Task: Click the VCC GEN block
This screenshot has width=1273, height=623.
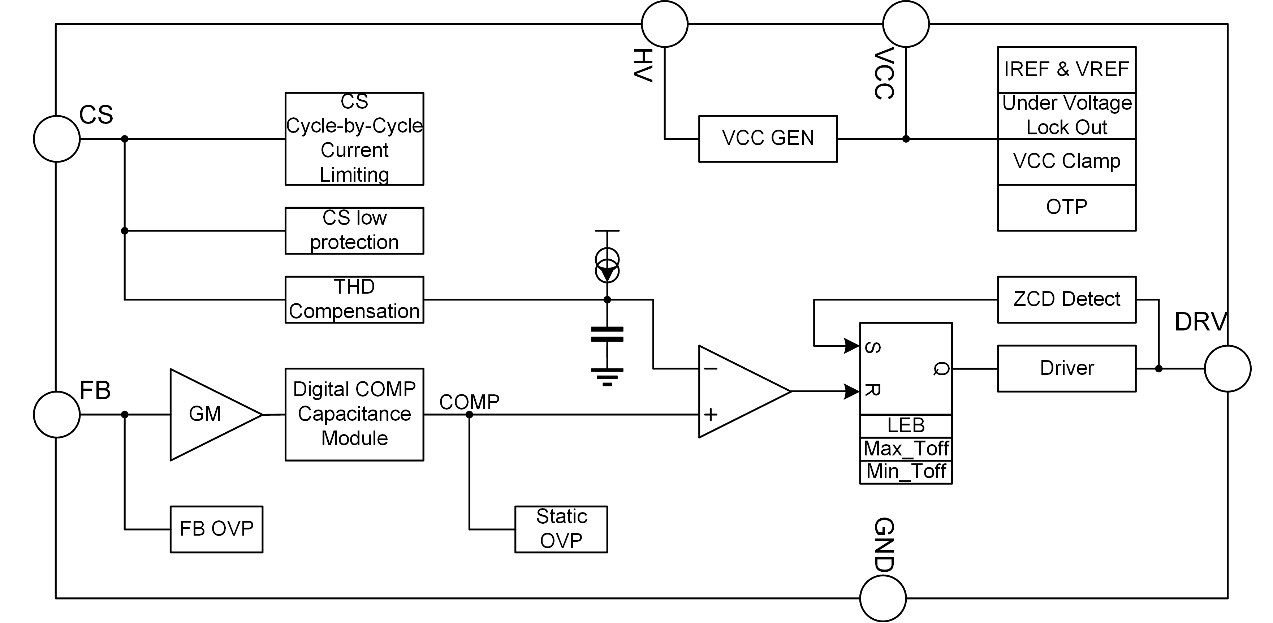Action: (x=768, y=138)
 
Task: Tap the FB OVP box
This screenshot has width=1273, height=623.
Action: (x=216, y=529)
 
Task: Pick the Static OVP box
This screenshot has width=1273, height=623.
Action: (x=561, y=529)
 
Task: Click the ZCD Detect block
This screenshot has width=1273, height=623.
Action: (x=1066, y=299)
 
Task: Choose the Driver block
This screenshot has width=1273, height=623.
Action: (x=1066, y=368)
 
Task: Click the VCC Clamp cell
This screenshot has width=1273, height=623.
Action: (x=1066, y=161)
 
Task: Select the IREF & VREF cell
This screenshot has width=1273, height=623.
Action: (x=1066, y=70)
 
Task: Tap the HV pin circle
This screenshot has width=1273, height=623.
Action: (x=664, y=24)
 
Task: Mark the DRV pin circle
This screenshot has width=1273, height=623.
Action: (x=1227, y=368)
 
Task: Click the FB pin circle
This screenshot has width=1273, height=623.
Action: (x=57, y=415)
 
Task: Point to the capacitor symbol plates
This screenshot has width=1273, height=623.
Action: (x=607, y=334)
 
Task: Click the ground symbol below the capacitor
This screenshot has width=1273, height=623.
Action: (x=607, y=376)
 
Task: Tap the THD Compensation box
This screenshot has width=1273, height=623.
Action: (x=354, y=299)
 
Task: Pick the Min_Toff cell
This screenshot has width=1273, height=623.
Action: (x=906, y=472)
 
